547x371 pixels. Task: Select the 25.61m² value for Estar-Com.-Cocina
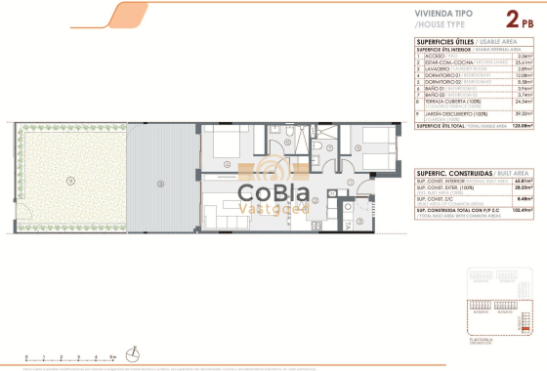tap(524, 62)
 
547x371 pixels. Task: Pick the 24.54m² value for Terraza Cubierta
tap(524, 100)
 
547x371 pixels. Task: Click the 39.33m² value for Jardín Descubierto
tap(524, 112)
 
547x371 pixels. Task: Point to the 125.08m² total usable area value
tap(523, 126)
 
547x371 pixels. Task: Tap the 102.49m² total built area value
tap(523, 210)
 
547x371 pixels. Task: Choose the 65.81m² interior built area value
tap(524, 181)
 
